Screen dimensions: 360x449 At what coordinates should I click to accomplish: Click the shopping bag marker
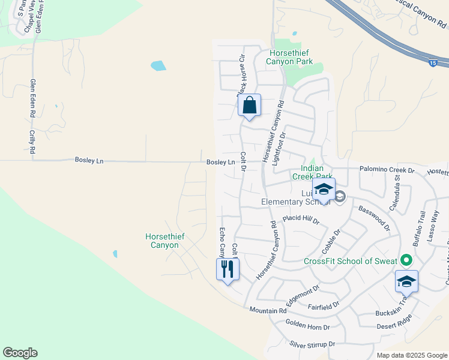(249, 106)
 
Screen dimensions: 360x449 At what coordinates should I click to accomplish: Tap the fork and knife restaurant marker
(228, 268)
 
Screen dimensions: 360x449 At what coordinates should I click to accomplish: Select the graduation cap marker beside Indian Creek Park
(324, 190)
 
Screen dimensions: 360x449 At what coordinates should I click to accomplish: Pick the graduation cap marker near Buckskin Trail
(406, 281)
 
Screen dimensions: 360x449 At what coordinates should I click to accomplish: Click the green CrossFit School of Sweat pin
(406, 260)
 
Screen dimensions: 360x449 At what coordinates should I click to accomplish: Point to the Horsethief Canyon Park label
(291, 57)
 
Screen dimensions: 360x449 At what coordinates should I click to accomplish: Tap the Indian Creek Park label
(312, 173)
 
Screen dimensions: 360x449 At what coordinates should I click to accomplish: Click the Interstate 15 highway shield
(433, 62)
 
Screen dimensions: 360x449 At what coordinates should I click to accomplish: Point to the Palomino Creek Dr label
(387, 170)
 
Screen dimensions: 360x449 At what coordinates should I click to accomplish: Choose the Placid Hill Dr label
(301, 220)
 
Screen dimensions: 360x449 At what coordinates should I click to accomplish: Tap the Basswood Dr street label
(374, 218)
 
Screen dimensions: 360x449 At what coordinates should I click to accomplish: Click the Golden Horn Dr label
(307, 327)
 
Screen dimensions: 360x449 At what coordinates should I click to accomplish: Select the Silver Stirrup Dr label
(312, 344)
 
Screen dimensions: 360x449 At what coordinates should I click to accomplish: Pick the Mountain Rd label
(268, 310)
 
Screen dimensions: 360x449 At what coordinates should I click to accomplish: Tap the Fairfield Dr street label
(324, 306)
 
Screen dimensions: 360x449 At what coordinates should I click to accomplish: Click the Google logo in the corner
(20, 353)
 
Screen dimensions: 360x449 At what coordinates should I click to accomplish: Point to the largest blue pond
(158, 65)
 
